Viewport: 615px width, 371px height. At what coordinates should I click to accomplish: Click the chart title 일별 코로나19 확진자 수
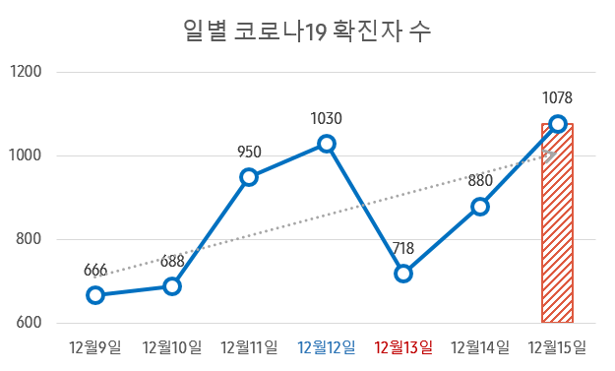click(x=307, y=31)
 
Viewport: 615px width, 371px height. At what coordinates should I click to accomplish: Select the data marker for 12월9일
click(x=95, y=295)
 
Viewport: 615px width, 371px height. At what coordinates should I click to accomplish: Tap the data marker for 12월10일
click(x=172, y=286)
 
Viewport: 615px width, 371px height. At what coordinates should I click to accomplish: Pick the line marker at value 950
click(x=249, y=177)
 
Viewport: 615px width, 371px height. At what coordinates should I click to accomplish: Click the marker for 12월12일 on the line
click(x=327, y=144)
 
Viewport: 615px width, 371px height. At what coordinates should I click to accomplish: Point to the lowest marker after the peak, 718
click(x=403, y=274)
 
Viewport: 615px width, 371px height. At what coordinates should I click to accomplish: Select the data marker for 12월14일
click(x=480, y=207)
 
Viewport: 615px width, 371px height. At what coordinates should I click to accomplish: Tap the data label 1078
click(x=557, y=97)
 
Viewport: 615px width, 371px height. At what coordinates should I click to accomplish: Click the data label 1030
click(x=327, y=119)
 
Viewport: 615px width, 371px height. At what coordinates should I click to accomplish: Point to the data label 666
click(x=95, y=271)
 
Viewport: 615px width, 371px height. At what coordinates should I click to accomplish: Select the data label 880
click(x=480, y=181)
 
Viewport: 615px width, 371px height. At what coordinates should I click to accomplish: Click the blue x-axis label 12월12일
click(x=327, y=346)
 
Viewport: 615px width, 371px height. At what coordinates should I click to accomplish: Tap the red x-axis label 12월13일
click(x=403, y=346)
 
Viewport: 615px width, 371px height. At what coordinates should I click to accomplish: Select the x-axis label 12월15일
click(x=557, y=346)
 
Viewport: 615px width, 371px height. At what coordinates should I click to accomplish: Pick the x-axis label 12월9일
click(x=95, y=346)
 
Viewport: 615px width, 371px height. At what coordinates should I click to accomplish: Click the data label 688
click(x=172, y=262)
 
